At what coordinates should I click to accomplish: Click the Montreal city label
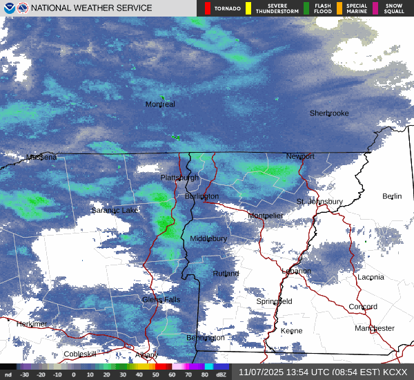[160, 104]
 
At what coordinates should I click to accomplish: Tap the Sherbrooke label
[329, 113]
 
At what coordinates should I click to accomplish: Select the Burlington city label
[201, 196]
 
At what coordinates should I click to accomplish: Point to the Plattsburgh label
[179, 178]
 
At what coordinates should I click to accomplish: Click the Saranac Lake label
[115, 210]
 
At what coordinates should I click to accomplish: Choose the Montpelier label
[266, 216]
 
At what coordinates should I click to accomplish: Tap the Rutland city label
[226, 274]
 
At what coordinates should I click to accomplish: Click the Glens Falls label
[161, 299]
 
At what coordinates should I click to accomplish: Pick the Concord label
[363, 307]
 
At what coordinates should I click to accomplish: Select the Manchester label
[375, 328]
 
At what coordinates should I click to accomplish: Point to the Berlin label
[392, 196]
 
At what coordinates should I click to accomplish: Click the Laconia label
[371, 277]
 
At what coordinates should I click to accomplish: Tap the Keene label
[292, 331]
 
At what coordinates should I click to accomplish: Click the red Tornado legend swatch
[208, 8]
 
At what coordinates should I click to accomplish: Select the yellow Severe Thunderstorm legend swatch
[248, 8]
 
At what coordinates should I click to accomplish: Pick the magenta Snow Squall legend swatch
[376, 8]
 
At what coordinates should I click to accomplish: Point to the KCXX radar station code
[395, 372]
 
